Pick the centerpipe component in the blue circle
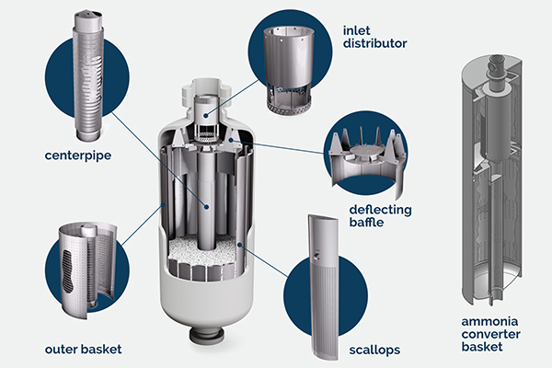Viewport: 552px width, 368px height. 86,74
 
